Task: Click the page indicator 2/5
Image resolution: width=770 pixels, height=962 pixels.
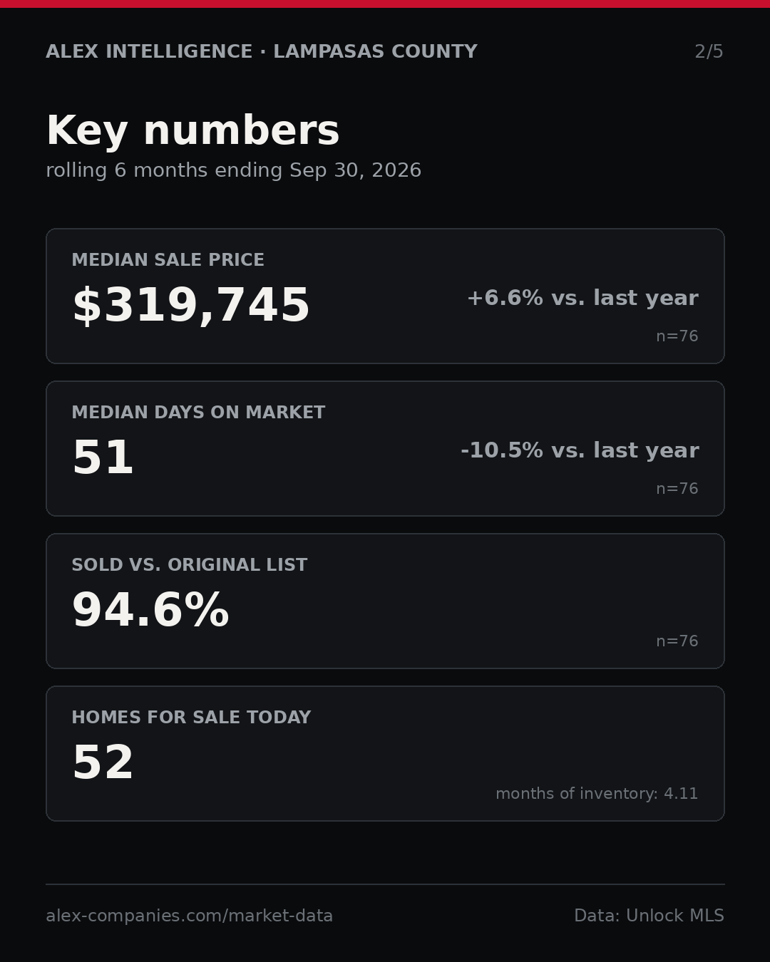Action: coord(709,51)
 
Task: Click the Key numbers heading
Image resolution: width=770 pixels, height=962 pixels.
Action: coord(192,130)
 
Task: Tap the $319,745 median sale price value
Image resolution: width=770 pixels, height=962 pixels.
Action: coord(191,305)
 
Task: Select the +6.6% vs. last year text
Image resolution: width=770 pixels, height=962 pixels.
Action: coord(582,298)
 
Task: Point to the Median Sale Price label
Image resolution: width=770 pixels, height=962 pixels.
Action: coord(168,259)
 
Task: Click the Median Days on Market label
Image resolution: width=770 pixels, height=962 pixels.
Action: coord(198,412)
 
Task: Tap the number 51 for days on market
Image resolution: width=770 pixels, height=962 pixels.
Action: coord(103,457)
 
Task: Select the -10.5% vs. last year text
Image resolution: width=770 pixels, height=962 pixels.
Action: coord(580,450)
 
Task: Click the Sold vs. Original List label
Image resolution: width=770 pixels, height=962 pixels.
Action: coord(189,564)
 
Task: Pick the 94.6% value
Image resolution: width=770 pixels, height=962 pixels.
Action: coord(150,610)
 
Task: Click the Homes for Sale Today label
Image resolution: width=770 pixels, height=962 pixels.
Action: coord(191,717)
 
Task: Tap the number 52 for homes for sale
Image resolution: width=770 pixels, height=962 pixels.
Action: coord(103,762)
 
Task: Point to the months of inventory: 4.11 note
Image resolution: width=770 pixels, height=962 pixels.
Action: coord(597,793)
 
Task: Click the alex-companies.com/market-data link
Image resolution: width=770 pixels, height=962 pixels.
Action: coord(189,916)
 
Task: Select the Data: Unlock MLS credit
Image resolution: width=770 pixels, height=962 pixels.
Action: coord(649,916)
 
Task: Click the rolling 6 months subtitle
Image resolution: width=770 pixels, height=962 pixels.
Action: coord(234,170)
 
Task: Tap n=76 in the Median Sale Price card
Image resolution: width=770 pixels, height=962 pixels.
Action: coord(677,336)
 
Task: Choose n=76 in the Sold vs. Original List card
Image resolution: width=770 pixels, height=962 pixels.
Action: coord(677,641)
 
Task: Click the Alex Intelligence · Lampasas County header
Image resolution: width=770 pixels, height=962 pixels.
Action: coord(262,51)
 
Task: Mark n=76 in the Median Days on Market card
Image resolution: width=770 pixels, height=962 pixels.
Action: coord(677,489)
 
